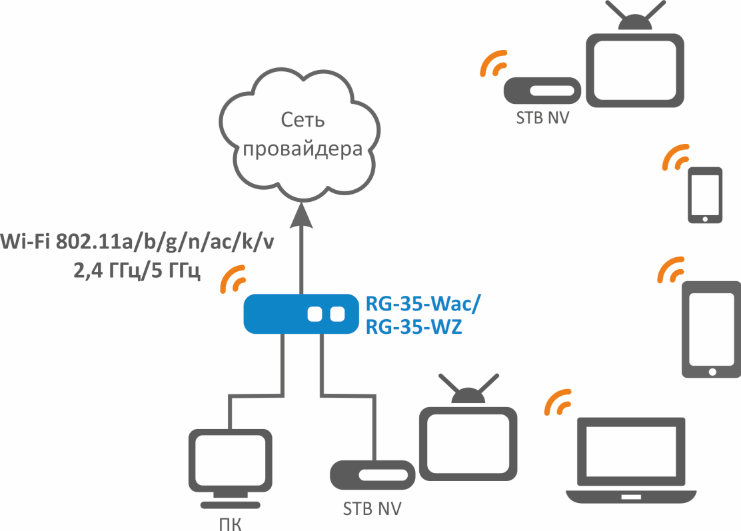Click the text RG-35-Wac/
coord(422,304)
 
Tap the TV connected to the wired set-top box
coord(468,436)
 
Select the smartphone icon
coord(705,195)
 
